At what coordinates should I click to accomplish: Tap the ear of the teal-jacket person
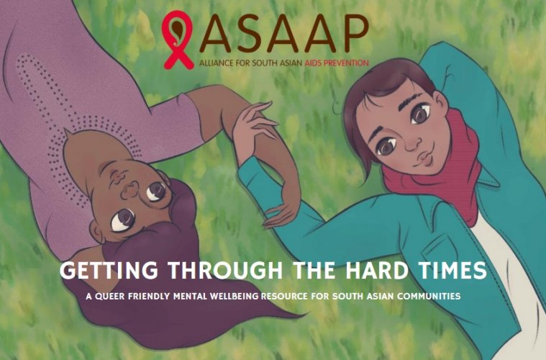tap(440, 102)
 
